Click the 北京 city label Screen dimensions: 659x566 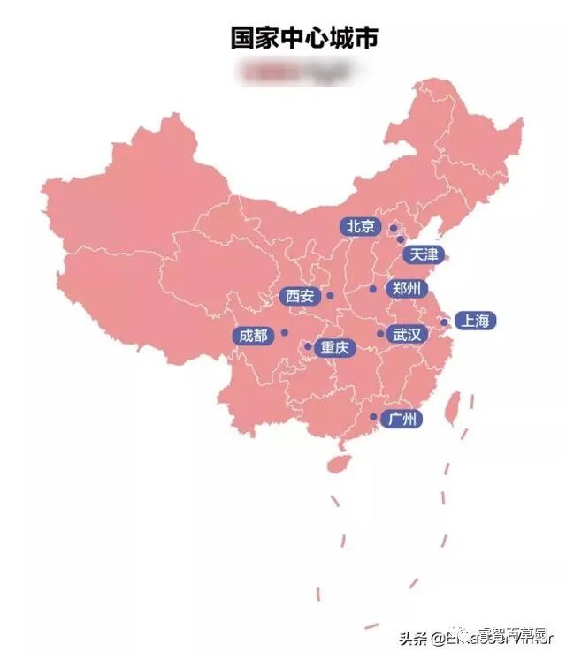tap(360, 226)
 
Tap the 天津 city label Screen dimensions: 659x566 tap(422, 255)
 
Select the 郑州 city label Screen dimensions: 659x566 tap(407, 289)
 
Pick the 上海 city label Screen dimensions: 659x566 tap(474, 322)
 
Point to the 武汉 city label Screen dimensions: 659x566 tap(408, 335)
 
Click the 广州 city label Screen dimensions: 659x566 tap(402, 419)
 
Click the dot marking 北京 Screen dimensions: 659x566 tap(393, 228)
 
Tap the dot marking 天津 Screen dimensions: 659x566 tap(401, 239)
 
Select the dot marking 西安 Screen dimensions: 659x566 tap(330, 296)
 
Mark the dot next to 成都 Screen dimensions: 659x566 tap(285, 333)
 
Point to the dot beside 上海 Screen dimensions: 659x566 tap(444, 322)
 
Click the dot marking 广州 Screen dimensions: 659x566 tap(373, 417)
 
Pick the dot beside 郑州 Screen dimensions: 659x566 tap(373, 289)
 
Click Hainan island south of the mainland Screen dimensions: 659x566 tap(337, 463)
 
